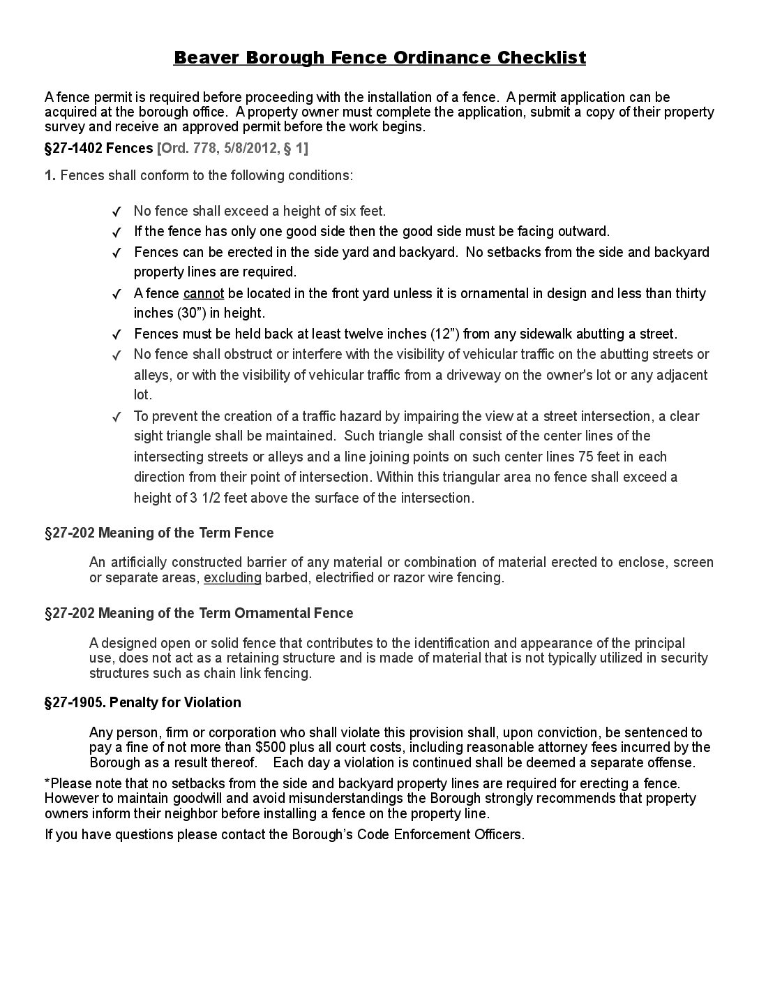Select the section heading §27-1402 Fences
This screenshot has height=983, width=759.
pyautogui.click(x=98, y=148)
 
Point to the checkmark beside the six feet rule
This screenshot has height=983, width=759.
pyautogui.click(x=117, y=212)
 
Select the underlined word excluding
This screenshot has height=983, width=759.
pyautogui.click(x=232, y=577)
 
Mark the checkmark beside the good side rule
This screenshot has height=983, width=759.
pyautogui.click(x=117, y=232)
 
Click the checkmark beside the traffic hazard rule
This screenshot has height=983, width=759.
pyautogui.click(x=117, y=417)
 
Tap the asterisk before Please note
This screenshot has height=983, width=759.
pyautogui.click(x=47, y=781)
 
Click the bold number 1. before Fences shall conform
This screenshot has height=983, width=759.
pyautogui.click(x=50, y=175)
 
